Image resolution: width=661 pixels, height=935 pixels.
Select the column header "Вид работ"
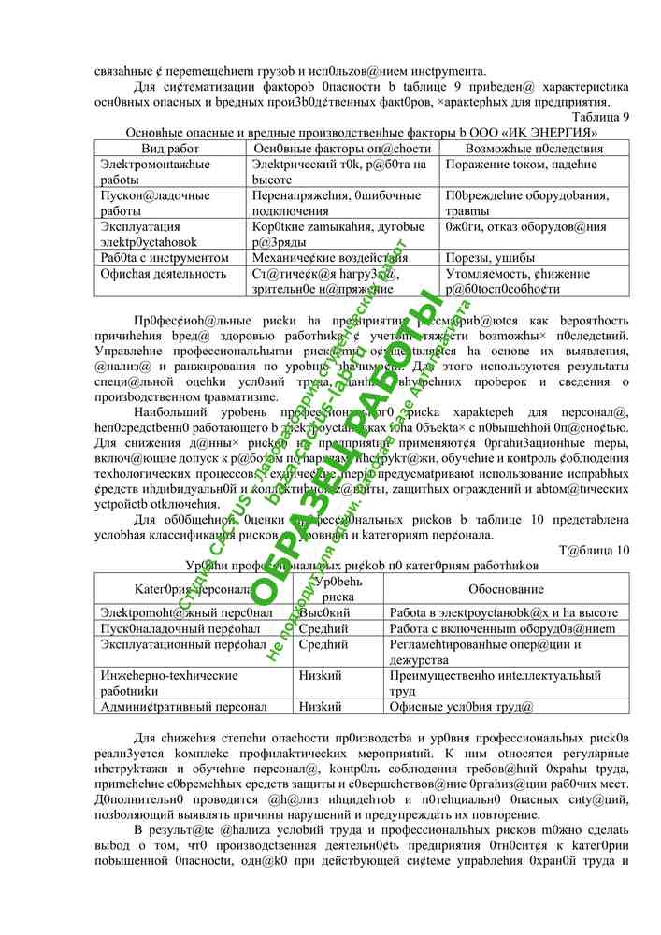(170, 149)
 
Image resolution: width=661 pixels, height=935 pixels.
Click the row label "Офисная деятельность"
(164, 274)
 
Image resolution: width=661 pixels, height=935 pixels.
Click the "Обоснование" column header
(506, 589)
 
